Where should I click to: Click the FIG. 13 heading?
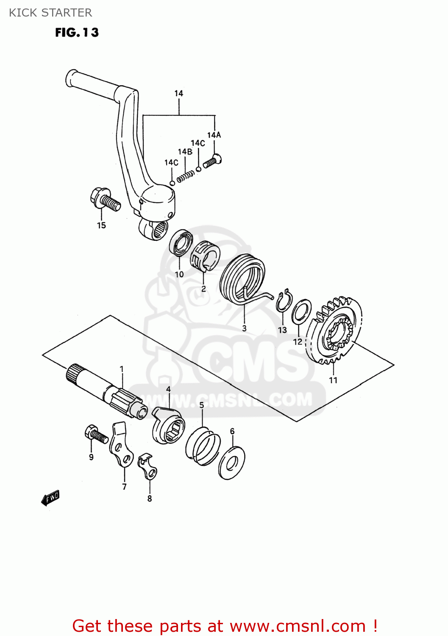coord(77,33)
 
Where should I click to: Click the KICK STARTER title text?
coord(50,13)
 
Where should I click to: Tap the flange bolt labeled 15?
coord(105,200)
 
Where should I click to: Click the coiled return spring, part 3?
coord(242,280)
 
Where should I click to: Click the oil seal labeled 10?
coord(181,243)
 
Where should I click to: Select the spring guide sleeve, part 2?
coord(205,256)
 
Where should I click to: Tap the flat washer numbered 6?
coord(232,463)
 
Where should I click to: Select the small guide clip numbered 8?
coord(147,467)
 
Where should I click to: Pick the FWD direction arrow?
coord(50,498)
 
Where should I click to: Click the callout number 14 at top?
coord(178,93)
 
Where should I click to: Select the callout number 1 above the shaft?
coord(122,369)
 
